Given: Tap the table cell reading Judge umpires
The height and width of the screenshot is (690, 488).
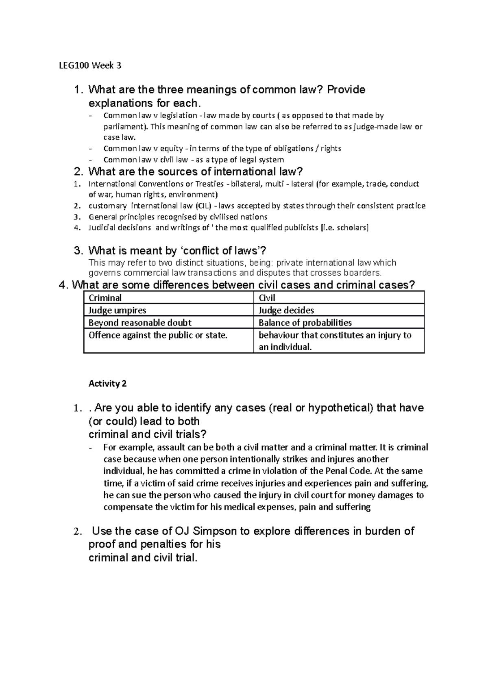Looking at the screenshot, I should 117,310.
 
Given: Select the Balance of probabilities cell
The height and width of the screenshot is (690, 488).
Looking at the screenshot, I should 305,323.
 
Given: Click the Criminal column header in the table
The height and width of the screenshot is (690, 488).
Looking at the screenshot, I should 105,298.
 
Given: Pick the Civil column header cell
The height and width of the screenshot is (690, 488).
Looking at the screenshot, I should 267,298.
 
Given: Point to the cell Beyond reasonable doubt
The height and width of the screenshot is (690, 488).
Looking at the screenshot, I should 140,323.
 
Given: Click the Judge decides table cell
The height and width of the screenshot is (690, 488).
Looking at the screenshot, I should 286,310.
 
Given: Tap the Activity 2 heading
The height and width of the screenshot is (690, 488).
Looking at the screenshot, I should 107,384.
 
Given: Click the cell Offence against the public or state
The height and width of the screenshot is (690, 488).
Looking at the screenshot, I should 157,335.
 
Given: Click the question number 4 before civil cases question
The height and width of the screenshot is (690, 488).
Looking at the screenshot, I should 62,285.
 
